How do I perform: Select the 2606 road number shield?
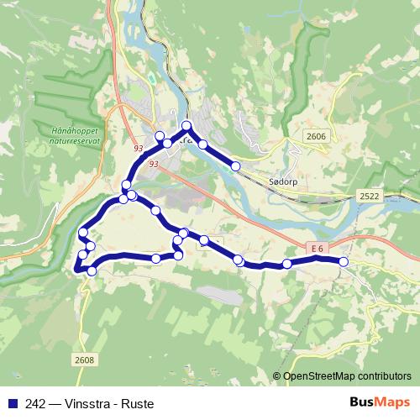[317, 136]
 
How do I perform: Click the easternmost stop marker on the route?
[344, 262]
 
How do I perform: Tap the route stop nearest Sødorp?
[236, 166]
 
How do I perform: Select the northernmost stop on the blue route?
[186, 126]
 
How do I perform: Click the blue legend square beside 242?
[11, 402]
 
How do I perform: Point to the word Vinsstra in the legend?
[83, 402]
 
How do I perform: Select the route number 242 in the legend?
[34, 402]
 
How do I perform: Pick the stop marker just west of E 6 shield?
[287, 264]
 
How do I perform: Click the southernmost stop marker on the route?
[92, 270]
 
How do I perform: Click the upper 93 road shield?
[139, 148]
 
